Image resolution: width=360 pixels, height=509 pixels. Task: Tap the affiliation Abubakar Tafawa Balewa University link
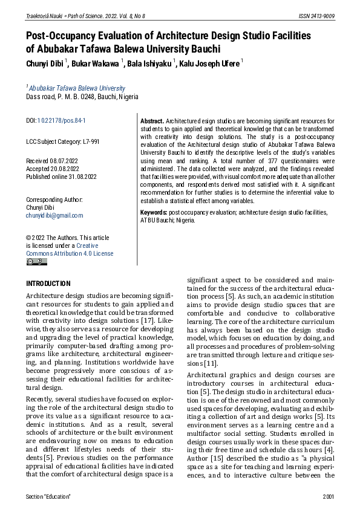point(77,88)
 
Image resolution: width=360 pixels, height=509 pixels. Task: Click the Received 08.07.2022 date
point(57,161)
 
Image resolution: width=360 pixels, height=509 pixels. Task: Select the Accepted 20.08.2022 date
point(57,170)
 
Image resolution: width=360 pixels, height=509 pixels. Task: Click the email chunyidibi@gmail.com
point(54,215)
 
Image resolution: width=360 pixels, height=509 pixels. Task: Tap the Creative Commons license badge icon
point(36,262)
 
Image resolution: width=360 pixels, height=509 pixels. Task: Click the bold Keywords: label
point(154,212)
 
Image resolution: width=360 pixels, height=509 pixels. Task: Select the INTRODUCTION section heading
point(48,284)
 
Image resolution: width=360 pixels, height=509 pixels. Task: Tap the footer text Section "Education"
point(48,496)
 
